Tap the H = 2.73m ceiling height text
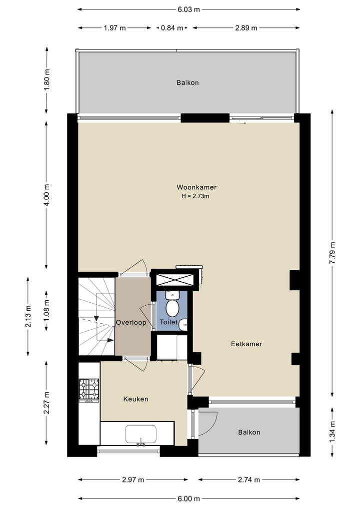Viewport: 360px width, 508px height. click(x=195, y=196)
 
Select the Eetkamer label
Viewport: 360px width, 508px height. click(x=246, y=344)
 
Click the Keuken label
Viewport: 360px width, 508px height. click(x=135, y=399)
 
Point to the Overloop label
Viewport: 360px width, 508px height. click(x=131, y=323)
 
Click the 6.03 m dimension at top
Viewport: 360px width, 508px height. click(x=189, y=9)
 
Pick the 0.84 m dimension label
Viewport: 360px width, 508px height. click(x=171, y=28)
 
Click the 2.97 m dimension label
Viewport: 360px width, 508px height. click(x=133, y=480)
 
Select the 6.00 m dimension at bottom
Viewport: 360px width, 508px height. click(x=188, y=499)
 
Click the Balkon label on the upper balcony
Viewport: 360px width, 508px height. click(x=187, y=82)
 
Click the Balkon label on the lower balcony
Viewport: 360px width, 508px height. click(x=249, y=432)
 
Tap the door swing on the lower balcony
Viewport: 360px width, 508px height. click(x=209, y=422)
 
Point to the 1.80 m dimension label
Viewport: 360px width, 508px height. click(x=46, y=80)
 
